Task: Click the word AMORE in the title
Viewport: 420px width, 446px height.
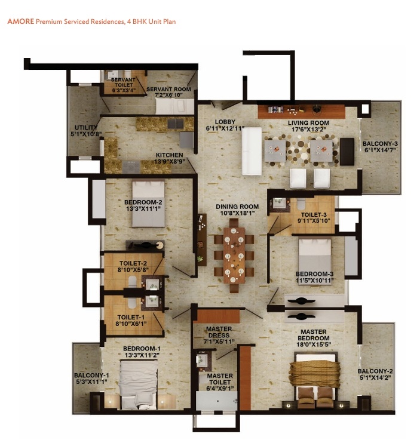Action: pyautogui.click(x=20, y=21)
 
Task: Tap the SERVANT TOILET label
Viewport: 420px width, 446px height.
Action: pyautogui.click(x=122, y=82)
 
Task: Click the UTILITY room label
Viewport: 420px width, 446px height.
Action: pyautogui.click(x=82, y=128)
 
